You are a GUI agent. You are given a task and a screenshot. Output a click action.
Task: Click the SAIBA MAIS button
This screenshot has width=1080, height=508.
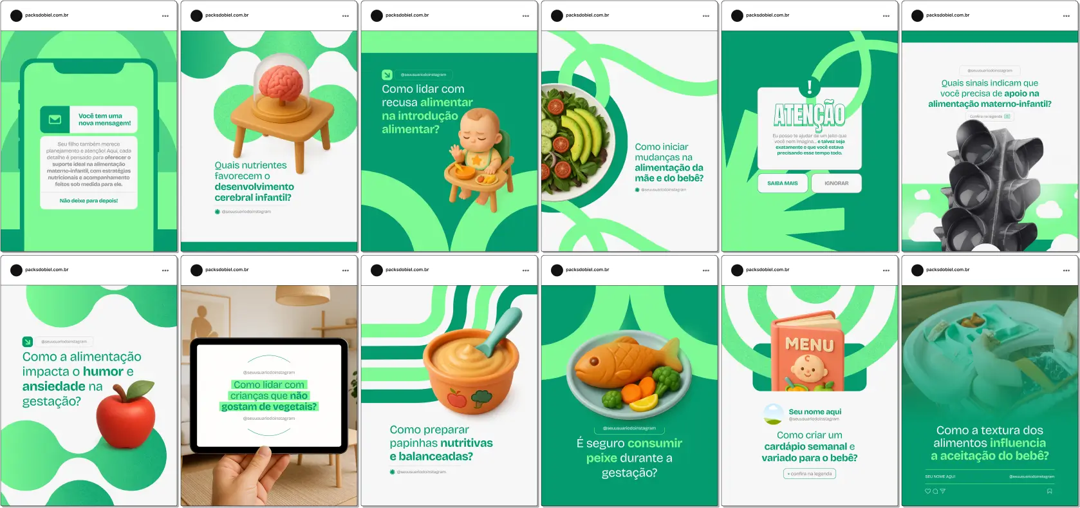[782, 183]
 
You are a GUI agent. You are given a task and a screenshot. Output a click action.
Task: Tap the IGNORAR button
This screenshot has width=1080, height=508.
[836, 183]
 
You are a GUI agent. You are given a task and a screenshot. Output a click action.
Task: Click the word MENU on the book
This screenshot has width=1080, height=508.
[809, 345]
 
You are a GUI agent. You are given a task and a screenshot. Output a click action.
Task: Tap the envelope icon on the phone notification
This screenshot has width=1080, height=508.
[55, 119]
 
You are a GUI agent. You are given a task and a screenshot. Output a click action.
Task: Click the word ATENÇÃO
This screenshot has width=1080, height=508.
[809, 115]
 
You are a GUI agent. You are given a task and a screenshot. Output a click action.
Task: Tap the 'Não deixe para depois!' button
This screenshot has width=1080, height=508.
[89, 201]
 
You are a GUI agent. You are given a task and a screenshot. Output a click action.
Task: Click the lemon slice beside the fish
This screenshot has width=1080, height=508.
[644, 402]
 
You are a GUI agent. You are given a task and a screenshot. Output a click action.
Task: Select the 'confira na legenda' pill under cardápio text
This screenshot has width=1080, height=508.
[810, 474]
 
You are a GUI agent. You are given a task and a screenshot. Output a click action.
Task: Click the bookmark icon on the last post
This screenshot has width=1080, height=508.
[1049, 491]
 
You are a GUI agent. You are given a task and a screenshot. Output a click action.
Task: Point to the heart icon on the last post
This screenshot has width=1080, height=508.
[927, 491]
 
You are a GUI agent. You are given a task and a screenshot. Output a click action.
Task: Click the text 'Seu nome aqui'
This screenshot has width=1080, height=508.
[815, 412]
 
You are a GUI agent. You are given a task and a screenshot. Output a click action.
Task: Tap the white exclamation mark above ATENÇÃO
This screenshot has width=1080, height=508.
[810, 87]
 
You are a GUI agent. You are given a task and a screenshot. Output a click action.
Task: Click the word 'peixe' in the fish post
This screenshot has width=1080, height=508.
[601, 458]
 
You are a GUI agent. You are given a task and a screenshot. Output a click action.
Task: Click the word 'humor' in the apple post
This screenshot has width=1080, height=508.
[103, 372]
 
